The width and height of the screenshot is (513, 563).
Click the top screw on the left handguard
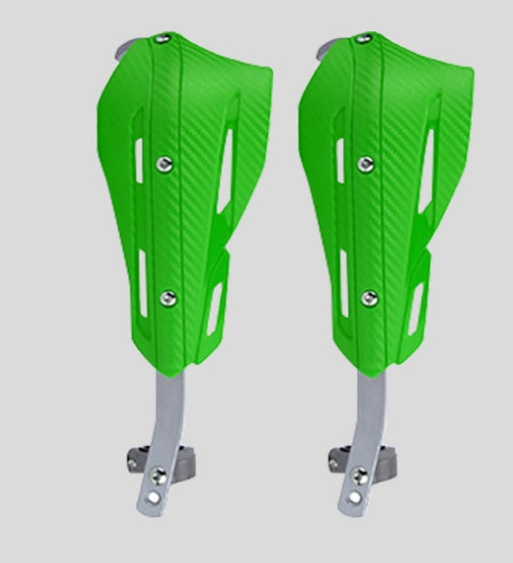[x=161, y=40]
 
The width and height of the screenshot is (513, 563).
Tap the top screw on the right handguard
[x=363, y=40]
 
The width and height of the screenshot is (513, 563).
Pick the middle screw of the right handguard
[x=367, y=163]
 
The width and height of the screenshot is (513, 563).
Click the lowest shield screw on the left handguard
[x=168, y=297]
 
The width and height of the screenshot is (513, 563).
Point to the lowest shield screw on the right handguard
[x=369, y=297]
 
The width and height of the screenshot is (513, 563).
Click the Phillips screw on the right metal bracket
[x=361, y=475]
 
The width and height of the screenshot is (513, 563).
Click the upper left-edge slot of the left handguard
[x=138, y=158]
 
